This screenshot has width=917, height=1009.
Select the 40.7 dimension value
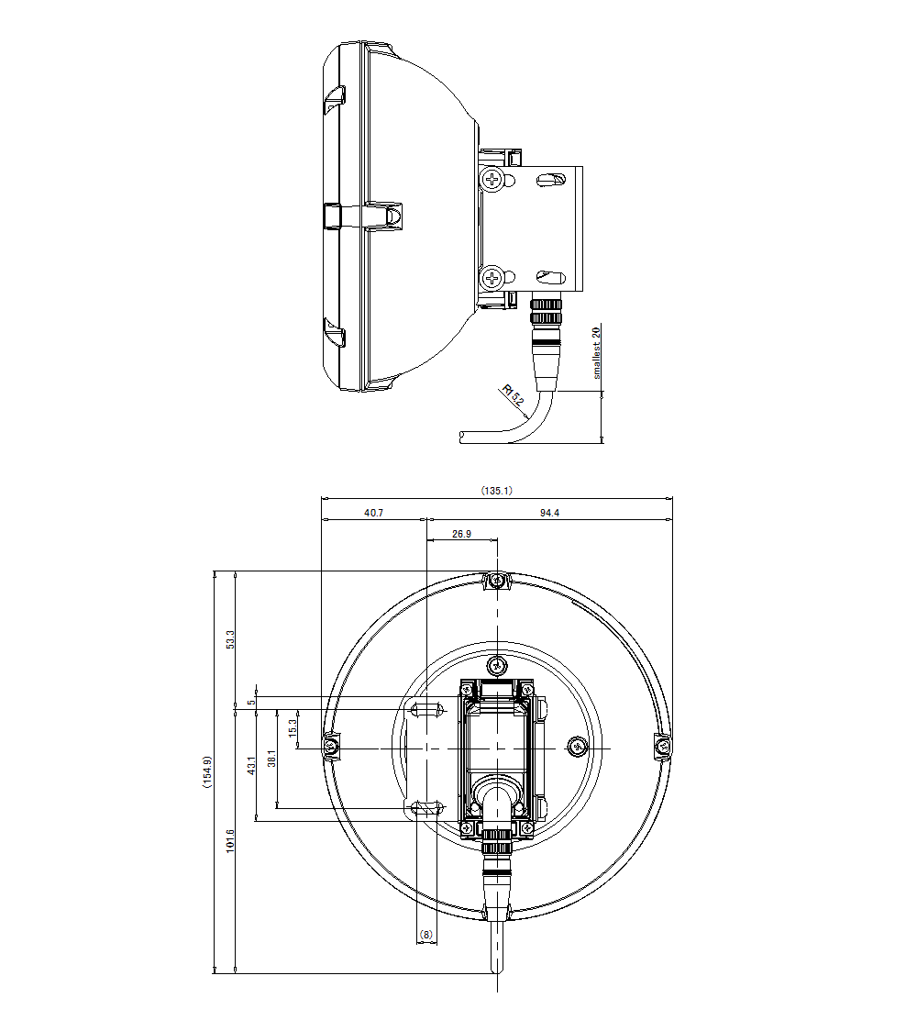point(373,514)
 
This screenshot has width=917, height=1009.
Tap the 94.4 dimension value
point(548,514)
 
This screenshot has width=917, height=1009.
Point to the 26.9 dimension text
point(461,534)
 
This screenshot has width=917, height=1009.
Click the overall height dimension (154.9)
point(208,771)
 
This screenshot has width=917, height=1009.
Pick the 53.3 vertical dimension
point(230,639)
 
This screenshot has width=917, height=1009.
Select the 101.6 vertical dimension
point(230,840)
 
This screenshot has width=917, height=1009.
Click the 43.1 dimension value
point(251,766)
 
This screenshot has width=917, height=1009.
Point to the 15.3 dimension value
point(293,728)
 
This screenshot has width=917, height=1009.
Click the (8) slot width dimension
point(425,934)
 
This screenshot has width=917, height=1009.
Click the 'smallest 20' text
point(596,353)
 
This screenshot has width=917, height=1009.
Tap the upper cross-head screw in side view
point(494,178)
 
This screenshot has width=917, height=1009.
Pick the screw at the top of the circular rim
point(496,580)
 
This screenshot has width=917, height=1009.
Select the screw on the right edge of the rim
point(663,748)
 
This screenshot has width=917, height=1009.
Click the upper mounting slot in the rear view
point(427,709)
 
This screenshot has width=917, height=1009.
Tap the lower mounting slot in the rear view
point(427,807)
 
